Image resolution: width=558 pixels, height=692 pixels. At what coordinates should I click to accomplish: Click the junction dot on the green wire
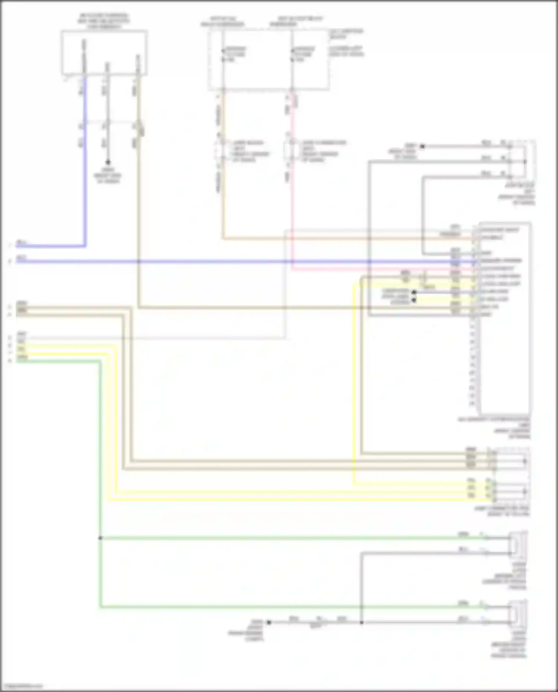[x=100, y=538]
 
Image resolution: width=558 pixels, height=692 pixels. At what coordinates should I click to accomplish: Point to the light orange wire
[x=223, y=208]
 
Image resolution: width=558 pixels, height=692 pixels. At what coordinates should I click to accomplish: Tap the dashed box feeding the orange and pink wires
[x=269, y=59]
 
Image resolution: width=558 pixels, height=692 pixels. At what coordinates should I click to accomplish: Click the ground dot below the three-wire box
[x=108, y=162]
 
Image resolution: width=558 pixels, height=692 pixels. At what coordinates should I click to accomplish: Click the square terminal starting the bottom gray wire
[x=269, y=622]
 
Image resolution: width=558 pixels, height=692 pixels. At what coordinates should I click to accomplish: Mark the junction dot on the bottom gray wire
[x=361, y=622]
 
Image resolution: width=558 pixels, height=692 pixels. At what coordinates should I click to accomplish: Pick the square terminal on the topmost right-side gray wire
[x=422, y=147]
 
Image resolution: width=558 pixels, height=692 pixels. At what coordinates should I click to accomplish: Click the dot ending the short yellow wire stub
[x=414, y=300]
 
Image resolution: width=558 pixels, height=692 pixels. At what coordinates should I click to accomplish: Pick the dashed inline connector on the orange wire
[x=222, y=151]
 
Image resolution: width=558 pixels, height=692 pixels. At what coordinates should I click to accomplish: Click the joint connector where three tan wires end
[x=510, y=461]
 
